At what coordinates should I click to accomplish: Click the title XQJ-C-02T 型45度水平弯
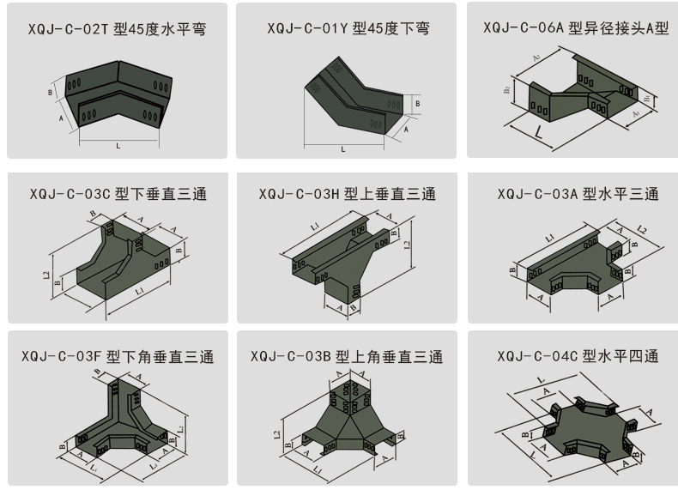pos(117,29)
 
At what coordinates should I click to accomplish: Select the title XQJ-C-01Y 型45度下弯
pos(348,29)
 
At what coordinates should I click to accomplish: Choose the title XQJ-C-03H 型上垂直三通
pos(347,194)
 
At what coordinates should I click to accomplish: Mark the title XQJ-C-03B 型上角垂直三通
pos(347,356)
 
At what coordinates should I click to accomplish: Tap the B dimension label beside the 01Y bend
pos(417,103)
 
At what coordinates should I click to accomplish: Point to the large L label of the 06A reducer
pos(536,135)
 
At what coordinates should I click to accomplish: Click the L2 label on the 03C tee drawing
pos(45,275)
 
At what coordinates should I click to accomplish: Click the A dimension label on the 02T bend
pos(61,119)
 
